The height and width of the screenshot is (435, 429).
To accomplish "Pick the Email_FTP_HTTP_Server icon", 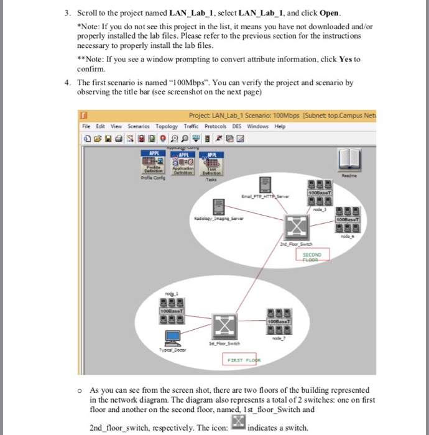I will pyautogui.click(x=265, y=185).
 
